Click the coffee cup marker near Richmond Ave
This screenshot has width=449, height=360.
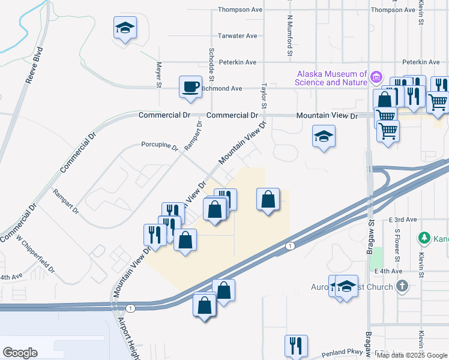point(190,86)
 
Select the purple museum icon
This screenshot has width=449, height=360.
point(376,77)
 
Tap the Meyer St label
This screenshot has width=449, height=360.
point(159,75)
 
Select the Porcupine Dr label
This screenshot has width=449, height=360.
point(160,145)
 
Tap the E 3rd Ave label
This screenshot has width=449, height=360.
point(402,220)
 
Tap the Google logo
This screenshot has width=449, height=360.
point(20,352)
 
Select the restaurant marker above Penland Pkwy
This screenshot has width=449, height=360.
point(295,345)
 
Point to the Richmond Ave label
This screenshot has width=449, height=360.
point(221,88)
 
